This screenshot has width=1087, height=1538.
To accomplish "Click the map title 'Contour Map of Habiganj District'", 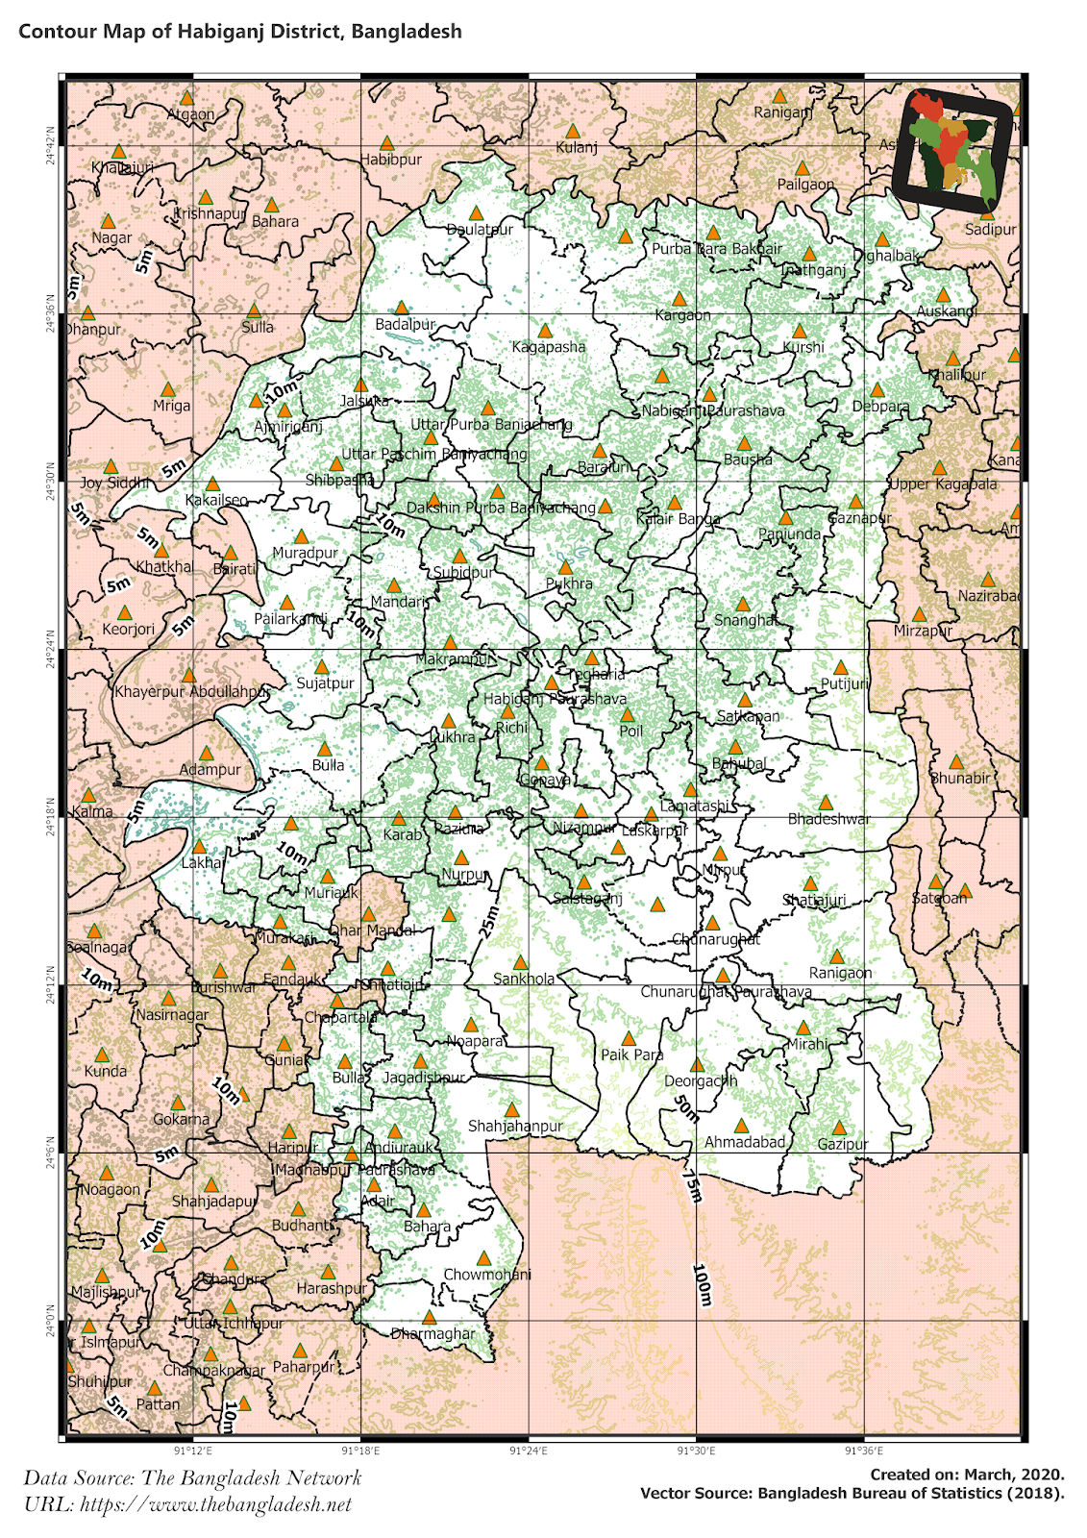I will [240, 32].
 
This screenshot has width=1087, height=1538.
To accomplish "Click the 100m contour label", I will [702, 1285].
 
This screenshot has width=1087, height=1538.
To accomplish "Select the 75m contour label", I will [692, 1185].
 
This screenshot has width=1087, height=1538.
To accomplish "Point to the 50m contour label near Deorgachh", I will [685, 1108].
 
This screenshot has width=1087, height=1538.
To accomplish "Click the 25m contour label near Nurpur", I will [489, 921].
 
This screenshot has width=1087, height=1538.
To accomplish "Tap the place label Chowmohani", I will [486, 1275].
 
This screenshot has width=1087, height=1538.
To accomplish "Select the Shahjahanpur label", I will [515, 1126].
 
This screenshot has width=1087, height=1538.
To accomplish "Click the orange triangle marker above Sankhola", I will [520, 962].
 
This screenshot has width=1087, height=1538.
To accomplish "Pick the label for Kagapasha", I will [549, 347].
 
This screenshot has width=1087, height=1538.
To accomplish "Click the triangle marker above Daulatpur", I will [476, 213].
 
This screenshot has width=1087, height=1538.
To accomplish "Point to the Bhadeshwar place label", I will [828, 819].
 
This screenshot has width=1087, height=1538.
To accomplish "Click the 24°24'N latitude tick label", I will [47, 650].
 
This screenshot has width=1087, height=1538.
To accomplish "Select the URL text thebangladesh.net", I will [188, 1504].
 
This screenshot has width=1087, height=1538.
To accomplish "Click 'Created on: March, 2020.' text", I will [967, 1475].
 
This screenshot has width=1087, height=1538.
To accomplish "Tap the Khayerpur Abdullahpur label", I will [192, 692].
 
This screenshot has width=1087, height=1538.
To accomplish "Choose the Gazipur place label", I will [843, 1144].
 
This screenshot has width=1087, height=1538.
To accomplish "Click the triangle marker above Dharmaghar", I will [430, 1317].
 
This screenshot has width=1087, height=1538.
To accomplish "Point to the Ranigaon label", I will [840, 973].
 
